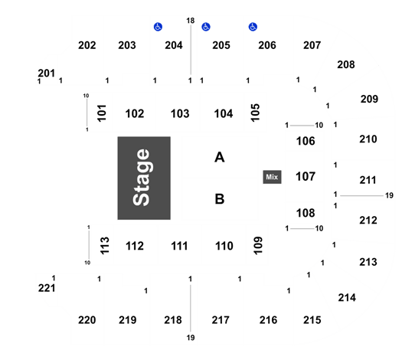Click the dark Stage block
144,178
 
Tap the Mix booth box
272,177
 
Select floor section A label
220,157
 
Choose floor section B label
220,199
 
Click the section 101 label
102,113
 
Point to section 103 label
180,113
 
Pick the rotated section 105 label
255,113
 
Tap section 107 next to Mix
306,176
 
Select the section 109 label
258,245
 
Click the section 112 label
135,246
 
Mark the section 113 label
105,246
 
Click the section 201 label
47,73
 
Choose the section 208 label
346,64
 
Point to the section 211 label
368,180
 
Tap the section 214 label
347,298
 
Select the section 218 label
173,320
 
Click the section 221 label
47,288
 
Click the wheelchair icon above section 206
253,27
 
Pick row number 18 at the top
191,21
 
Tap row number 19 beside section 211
389,195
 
